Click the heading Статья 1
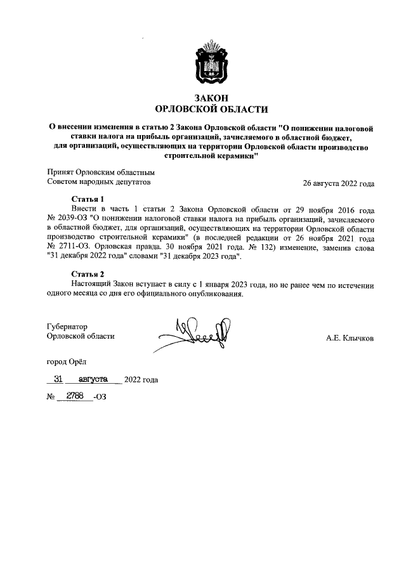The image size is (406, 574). [88, 199]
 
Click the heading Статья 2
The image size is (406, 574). [88, 274]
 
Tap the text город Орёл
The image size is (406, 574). [70, 362]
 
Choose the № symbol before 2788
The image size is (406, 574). [51, 398]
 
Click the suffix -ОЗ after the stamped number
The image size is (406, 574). [100, 398]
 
